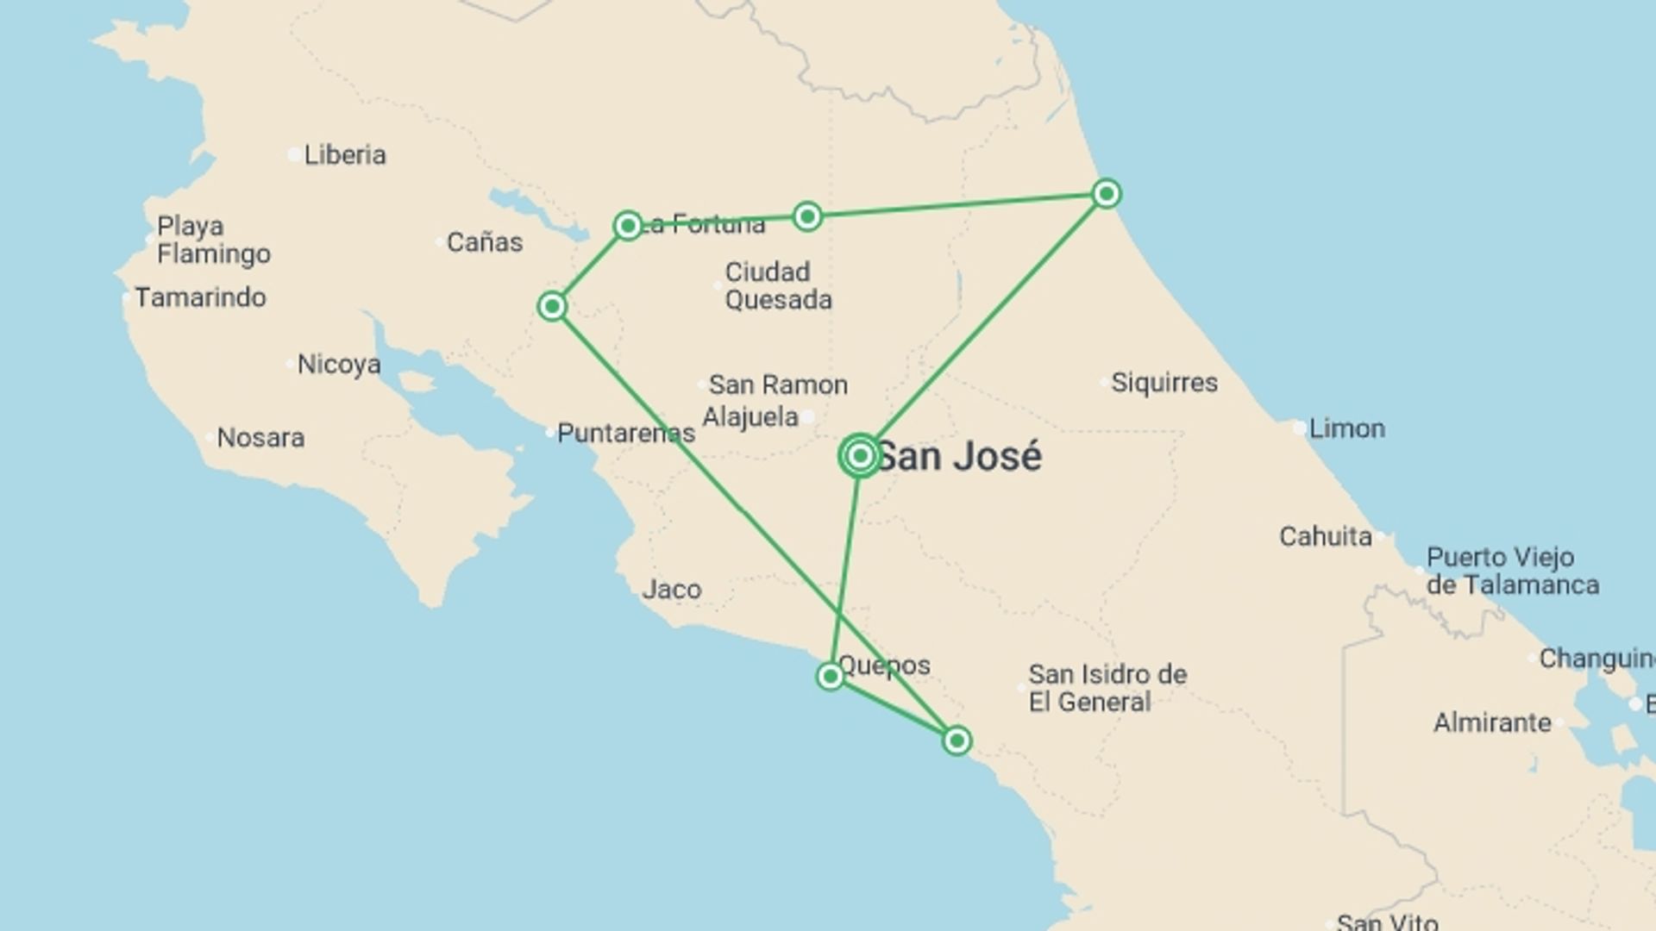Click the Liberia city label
click(x=344, y=155)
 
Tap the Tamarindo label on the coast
click(x=200, y=297)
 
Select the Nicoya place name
click(x=339, y=365)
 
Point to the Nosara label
click(x=260, y=438)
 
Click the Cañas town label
click(x=484, y=242)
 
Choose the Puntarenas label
click(x=625, y=433)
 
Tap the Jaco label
click(x=672, y=590)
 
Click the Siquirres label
click(x=1164, y=383)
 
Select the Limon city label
click(x=1346, y=428)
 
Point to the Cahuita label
click(x=1326, y=536)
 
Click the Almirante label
click(x=1492, y=722)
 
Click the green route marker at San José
click(x=860, y=456)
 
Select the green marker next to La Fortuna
click(x=628, y=226)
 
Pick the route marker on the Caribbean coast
click(x=1107, y=193)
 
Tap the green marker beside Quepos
click(x=830, y=676)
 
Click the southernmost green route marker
click(x=957, y=740)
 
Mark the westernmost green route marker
click(x=552, y=306)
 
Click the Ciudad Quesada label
click(x=778, y=286)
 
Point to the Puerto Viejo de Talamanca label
click(x=1512, y=571)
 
